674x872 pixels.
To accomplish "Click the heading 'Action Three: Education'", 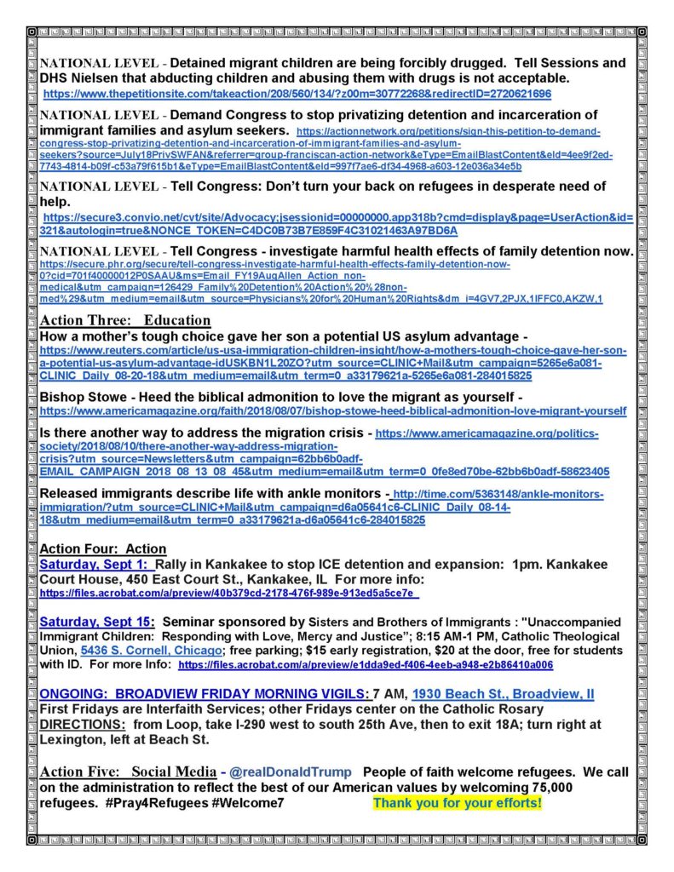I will tap(124, 320).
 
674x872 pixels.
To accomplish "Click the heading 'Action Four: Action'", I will tap(103, 549).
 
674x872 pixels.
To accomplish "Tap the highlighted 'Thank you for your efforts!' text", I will tap(457, 803).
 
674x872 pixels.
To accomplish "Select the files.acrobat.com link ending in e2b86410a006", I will tap(366, 665).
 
